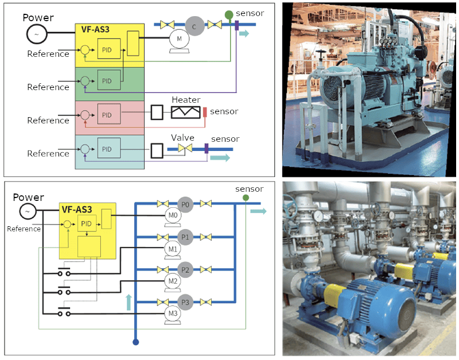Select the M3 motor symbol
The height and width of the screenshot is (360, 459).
[172, 313]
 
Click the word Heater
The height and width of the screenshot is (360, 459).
[185, 100]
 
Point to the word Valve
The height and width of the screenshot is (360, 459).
[182, 138]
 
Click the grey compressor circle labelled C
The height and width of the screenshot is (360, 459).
[195, 25]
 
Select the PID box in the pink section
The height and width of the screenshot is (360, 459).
[108, 114]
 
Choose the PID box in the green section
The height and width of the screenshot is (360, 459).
[108, 81]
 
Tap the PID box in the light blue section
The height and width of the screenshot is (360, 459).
[108, 149]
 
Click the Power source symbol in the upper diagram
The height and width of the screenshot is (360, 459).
[37, 34]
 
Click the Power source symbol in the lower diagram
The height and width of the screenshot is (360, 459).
[27, 212]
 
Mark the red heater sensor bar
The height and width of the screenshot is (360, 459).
[204, 112]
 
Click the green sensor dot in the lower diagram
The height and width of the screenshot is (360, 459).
[245, 198]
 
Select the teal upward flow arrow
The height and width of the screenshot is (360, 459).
[129, 301]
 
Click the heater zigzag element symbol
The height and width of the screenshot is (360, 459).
[185, 112]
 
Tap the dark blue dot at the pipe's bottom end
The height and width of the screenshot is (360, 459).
[136, 342]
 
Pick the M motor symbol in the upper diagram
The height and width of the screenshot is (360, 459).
[179, 38]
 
